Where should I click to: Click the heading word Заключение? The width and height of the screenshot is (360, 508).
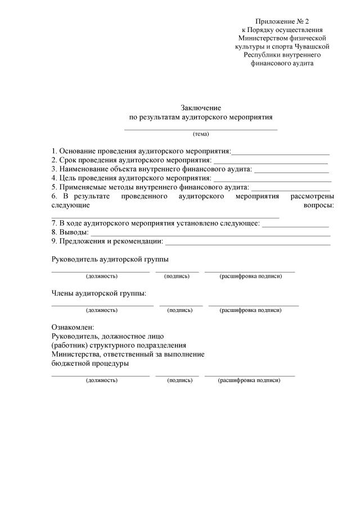201,108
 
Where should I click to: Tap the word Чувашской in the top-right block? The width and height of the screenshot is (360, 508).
310,46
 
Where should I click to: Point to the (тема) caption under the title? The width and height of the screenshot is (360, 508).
201,134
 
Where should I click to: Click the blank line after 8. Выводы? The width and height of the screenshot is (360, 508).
210,233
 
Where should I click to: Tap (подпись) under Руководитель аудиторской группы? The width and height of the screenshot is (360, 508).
177,276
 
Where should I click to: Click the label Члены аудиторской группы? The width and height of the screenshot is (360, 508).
99,293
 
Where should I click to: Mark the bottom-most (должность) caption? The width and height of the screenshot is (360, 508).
101,380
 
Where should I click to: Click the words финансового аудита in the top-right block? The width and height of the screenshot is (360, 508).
282,63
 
